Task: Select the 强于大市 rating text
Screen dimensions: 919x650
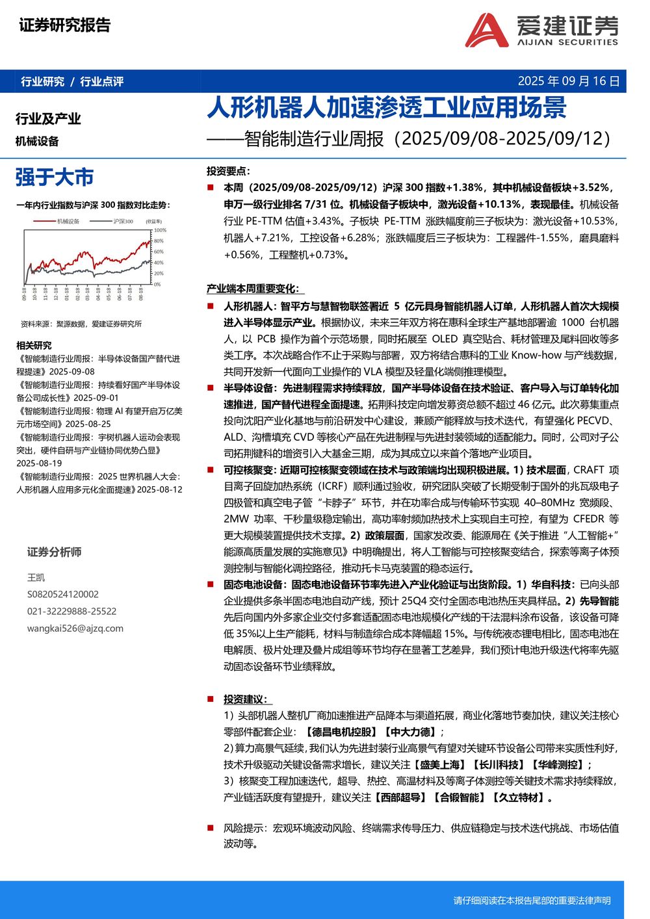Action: point(55,177)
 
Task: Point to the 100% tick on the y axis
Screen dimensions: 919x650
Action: point(160,230)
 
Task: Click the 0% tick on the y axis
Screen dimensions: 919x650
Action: point(157,284)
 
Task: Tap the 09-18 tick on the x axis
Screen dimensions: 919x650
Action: point(24,294)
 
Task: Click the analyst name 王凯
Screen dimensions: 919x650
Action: point(36,577)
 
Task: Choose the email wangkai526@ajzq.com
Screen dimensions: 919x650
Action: point(75,628)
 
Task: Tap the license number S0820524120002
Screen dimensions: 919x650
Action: point(62,594)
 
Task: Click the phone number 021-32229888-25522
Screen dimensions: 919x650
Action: point(71,611)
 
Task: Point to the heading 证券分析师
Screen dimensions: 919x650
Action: point(54,552)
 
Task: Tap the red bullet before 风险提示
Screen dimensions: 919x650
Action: point(210,828)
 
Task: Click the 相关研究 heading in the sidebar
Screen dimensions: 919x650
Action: point(34,345)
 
